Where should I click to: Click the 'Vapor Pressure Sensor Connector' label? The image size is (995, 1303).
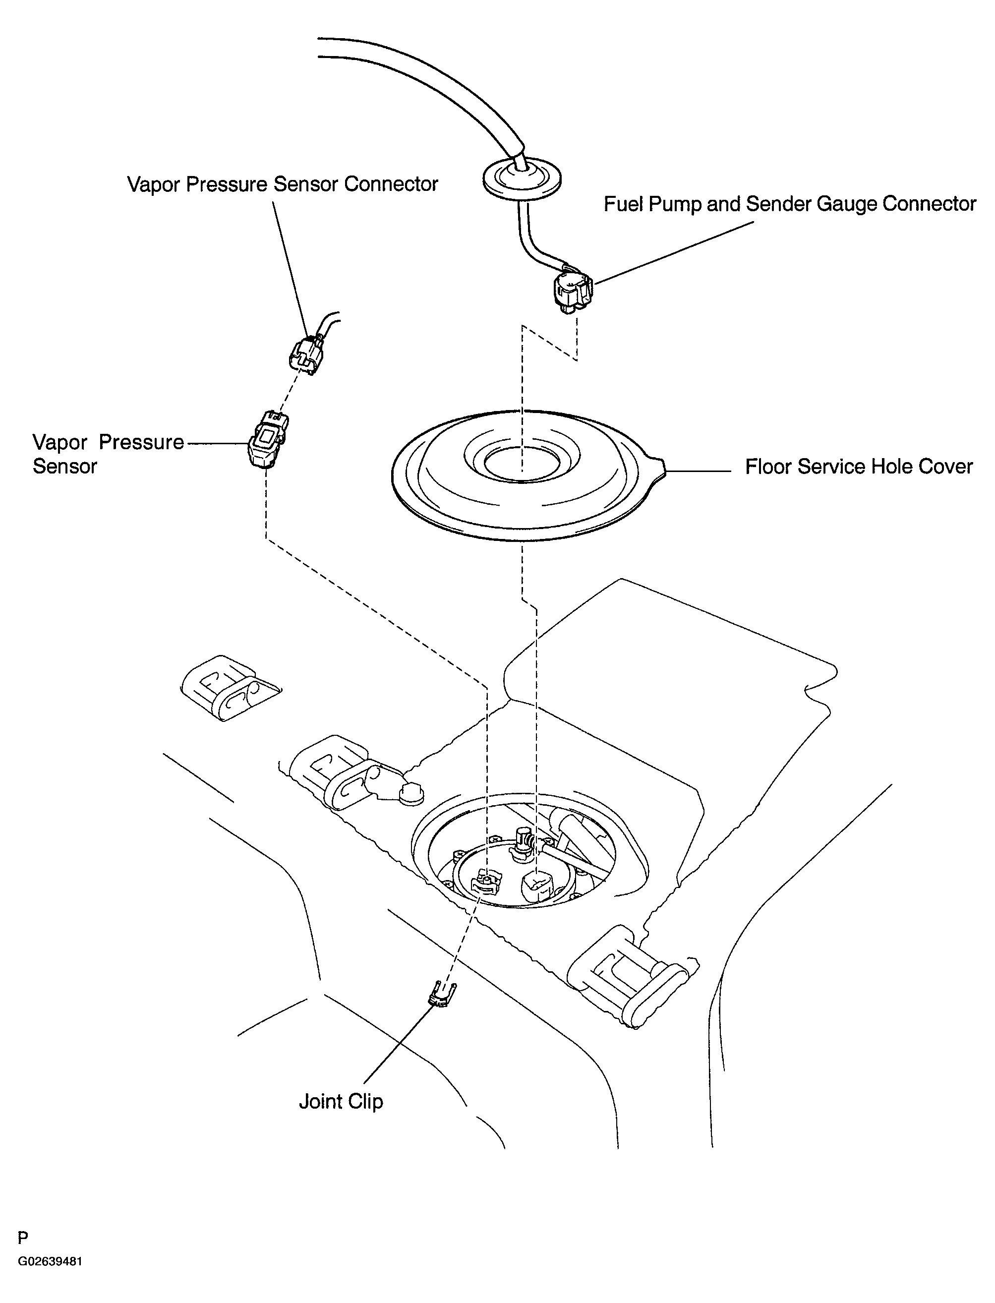(283, 184)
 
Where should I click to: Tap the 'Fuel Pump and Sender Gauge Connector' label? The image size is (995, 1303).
(789, 204)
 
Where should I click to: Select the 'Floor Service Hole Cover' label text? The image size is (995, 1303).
(859, 467)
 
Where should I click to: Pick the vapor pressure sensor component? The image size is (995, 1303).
(268, 439)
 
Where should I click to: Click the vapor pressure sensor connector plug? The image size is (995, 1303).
(307, 355)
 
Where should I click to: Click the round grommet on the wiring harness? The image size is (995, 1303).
(522, 178)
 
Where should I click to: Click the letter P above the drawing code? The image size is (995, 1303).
(23, 1254)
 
